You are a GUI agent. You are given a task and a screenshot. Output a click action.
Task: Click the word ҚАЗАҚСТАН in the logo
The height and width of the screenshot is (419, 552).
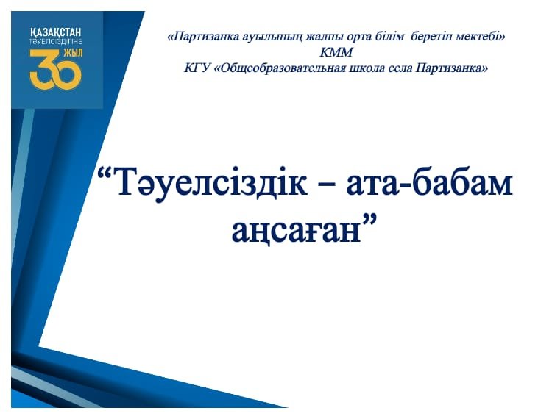[56, 32]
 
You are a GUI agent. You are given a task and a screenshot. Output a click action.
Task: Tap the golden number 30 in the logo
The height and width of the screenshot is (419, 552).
[54, 69]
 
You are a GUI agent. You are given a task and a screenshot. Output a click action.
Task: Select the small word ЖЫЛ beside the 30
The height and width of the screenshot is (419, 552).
[73, 53]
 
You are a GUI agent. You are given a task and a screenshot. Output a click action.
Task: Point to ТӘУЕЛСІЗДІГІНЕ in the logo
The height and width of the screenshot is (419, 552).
[56, 41]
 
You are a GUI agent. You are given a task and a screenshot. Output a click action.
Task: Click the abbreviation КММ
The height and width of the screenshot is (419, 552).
[336, 52]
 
